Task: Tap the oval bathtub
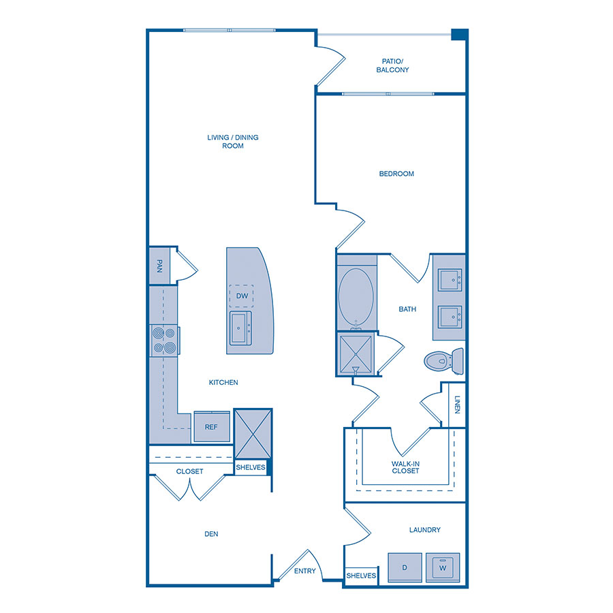tap(356, 298)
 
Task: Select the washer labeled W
tap(443, 567)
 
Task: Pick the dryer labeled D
tap(404, 567)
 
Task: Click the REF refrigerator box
tap(211, 427)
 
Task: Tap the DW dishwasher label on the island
tap(242, 296)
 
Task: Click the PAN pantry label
tap(159, 264)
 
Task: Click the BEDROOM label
tap(396, 174)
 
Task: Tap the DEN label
tap(211, 534)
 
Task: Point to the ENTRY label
tap(305, 571)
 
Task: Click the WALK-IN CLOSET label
tap(405, 467)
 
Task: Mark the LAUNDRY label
tap(425, 530)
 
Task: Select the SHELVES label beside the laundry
tap(361, 576)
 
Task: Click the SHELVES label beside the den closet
tap(250, 467)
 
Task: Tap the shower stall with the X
tap(356, 353)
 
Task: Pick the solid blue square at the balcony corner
tap(459, 35)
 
